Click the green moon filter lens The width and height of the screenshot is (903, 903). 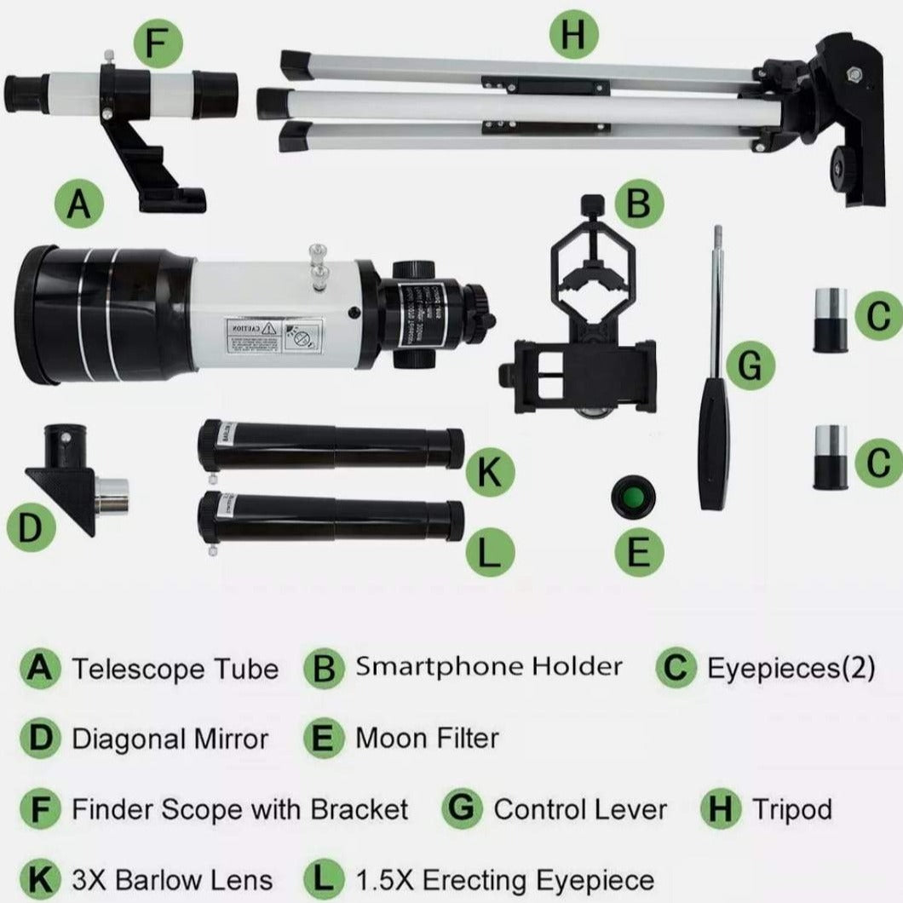click(x=632, y=497)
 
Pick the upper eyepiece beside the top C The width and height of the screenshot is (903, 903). click(x=830, y=320)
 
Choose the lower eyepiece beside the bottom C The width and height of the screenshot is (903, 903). click(x=830, y=457)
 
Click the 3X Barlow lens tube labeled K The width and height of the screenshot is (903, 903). click(x=332, y=446)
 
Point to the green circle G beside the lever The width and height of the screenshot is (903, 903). click(x=750, y=365)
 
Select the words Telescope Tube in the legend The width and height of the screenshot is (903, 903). click(x=175, y=669)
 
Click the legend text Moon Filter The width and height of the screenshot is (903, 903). click(x=426, y=738)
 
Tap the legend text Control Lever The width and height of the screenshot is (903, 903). click(x=580, y=808)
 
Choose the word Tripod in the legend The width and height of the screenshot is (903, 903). click(x=791, y=808)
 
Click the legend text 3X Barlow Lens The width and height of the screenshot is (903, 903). click(x=172, y=879)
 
